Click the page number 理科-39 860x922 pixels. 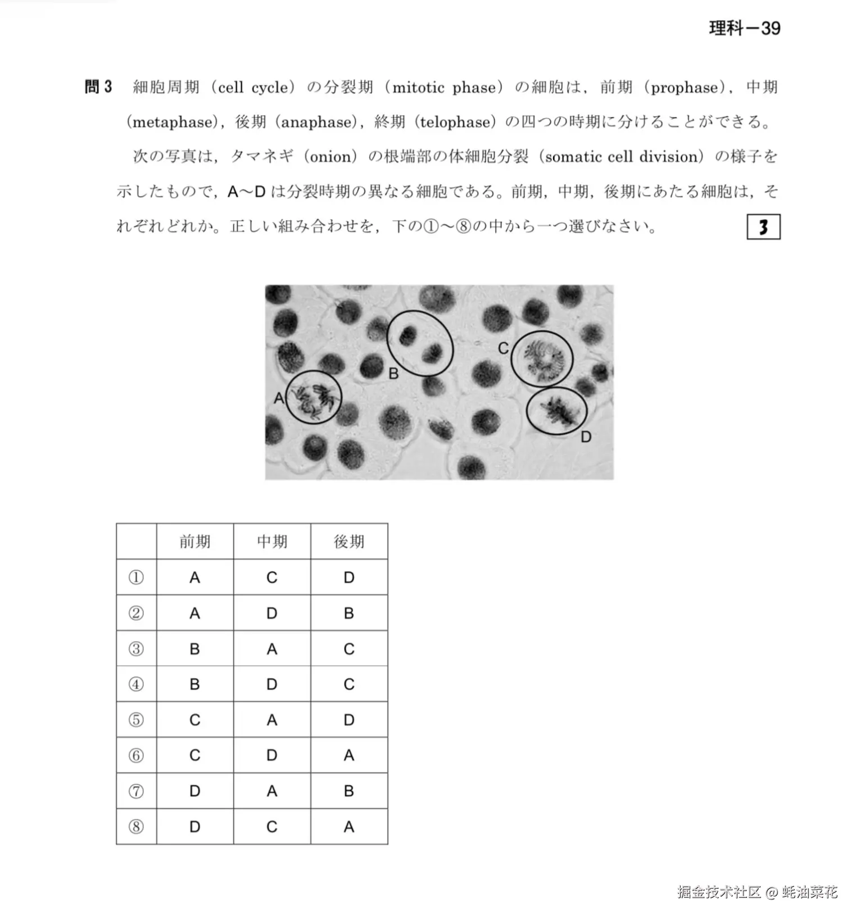[x=744, y=28]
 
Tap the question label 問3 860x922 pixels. [x=98, y=87]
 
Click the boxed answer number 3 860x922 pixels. [x=763, y=227]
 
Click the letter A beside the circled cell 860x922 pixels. [x=279, y=398]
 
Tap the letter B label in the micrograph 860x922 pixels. [x=393, y=373]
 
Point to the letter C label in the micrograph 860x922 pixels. [x=503, y=349]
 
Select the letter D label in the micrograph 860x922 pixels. [x=586, y=437]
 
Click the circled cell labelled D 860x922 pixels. [x=556, y=411]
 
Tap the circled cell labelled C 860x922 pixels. [x=542, y=358]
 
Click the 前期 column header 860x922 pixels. [x=194, y=542]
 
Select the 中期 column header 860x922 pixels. [x=272, y=542]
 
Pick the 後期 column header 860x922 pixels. [x=349, y=542]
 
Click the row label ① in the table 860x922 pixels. [x=136, y=578]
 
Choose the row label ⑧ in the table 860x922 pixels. [x=136, y=826]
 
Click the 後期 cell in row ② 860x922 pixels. [x=349, y=613]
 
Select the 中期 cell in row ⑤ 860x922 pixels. [x=272, y=720]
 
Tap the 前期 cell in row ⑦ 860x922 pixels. [x=194, y=791]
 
